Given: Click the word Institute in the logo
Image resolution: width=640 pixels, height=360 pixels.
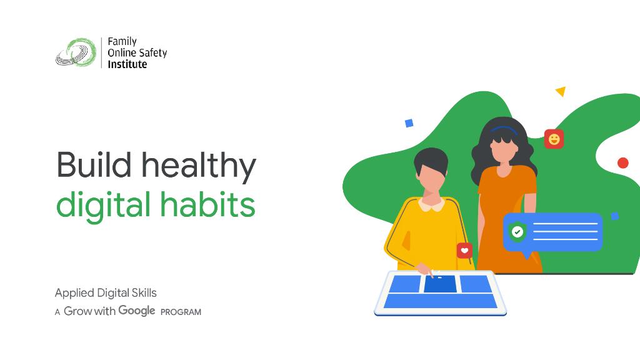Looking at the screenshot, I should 127,64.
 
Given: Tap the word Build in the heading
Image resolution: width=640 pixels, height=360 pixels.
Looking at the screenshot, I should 94,165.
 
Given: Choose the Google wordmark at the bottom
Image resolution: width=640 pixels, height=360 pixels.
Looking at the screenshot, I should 137,311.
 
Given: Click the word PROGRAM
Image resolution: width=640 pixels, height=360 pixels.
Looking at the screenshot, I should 181,312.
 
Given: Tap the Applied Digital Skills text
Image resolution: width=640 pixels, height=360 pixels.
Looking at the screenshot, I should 106,292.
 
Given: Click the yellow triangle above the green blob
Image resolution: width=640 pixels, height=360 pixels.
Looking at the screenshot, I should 561,92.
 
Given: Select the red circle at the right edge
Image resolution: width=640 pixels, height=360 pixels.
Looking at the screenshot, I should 622,163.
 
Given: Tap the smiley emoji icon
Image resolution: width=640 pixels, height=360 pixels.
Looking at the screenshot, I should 554,139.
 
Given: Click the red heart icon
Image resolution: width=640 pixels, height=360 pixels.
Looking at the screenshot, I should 464,251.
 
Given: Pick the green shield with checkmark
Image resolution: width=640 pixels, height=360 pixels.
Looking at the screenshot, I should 517,232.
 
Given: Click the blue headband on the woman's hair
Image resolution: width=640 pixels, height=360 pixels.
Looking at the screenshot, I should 504,130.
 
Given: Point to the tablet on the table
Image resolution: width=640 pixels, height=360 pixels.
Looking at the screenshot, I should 440,292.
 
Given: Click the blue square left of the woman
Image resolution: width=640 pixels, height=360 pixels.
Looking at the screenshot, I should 409,123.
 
